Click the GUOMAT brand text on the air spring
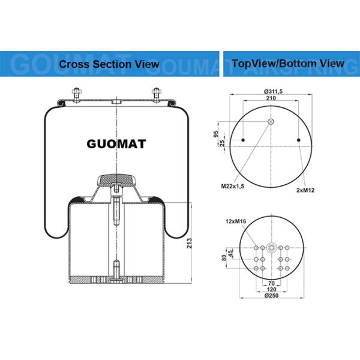point(116,144)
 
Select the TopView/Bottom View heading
point(288,63)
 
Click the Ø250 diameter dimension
point(272,296)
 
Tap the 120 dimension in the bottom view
point(271,289)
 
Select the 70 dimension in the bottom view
point(271,282)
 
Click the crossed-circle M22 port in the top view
point(271,122)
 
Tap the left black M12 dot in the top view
point(243,141)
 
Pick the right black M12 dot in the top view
point(299,141)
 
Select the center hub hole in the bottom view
point(271,247)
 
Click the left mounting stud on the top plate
point(77,94)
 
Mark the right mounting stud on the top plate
point(157,94)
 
